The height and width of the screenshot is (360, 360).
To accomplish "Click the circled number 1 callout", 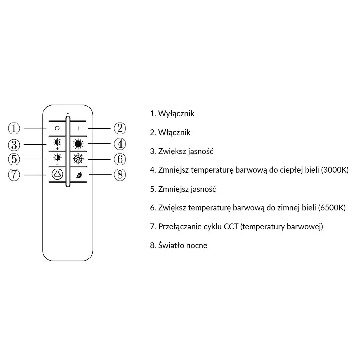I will coord(14,128).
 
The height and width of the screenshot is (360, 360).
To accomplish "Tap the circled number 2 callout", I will coord(120,128).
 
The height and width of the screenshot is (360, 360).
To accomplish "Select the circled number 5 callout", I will coord(14,159).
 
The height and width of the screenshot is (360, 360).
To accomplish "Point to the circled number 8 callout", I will coord(120,174).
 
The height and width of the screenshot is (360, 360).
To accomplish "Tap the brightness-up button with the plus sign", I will coord(57,144).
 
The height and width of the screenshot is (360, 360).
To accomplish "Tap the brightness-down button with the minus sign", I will coord(57,158).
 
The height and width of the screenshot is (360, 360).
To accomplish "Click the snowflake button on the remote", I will coord(78,159).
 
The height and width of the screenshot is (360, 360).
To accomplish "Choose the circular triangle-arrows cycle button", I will coord(57,174).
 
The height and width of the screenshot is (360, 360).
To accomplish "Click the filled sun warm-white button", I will coord(78,144).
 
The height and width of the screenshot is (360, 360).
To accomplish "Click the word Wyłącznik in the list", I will coord(176,114).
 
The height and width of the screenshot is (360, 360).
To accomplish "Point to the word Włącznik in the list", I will coord(174,133).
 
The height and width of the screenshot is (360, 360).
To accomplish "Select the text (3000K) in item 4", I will coord(334,170).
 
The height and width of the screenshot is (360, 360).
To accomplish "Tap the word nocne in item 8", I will coord(198,246).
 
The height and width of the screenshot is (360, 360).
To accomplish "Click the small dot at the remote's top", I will coord(68,113).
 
